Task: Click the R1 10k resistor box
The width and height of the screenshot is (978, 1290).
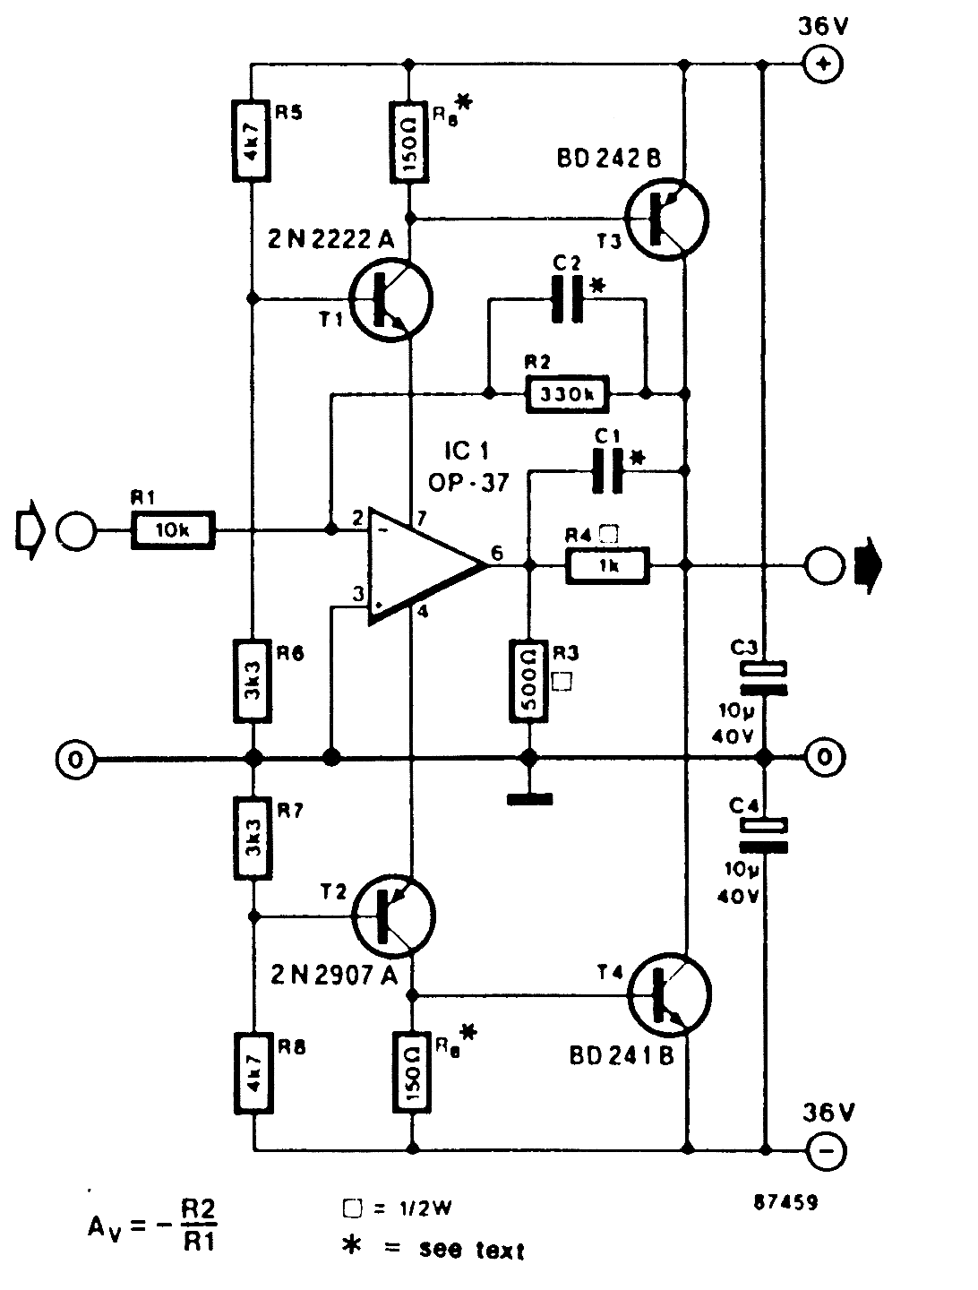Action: (174, 531)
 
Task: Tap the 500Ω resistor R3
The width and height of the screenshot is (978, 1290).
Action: (529, 680)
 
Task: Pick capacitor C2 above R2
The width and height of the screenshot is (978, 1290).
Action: (568, 300)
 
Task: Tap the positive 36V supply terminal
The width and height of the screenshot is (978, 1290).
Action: (823, 64)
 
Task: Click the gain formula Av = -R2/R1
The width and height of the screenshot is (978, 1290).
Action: (153, 1225)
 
